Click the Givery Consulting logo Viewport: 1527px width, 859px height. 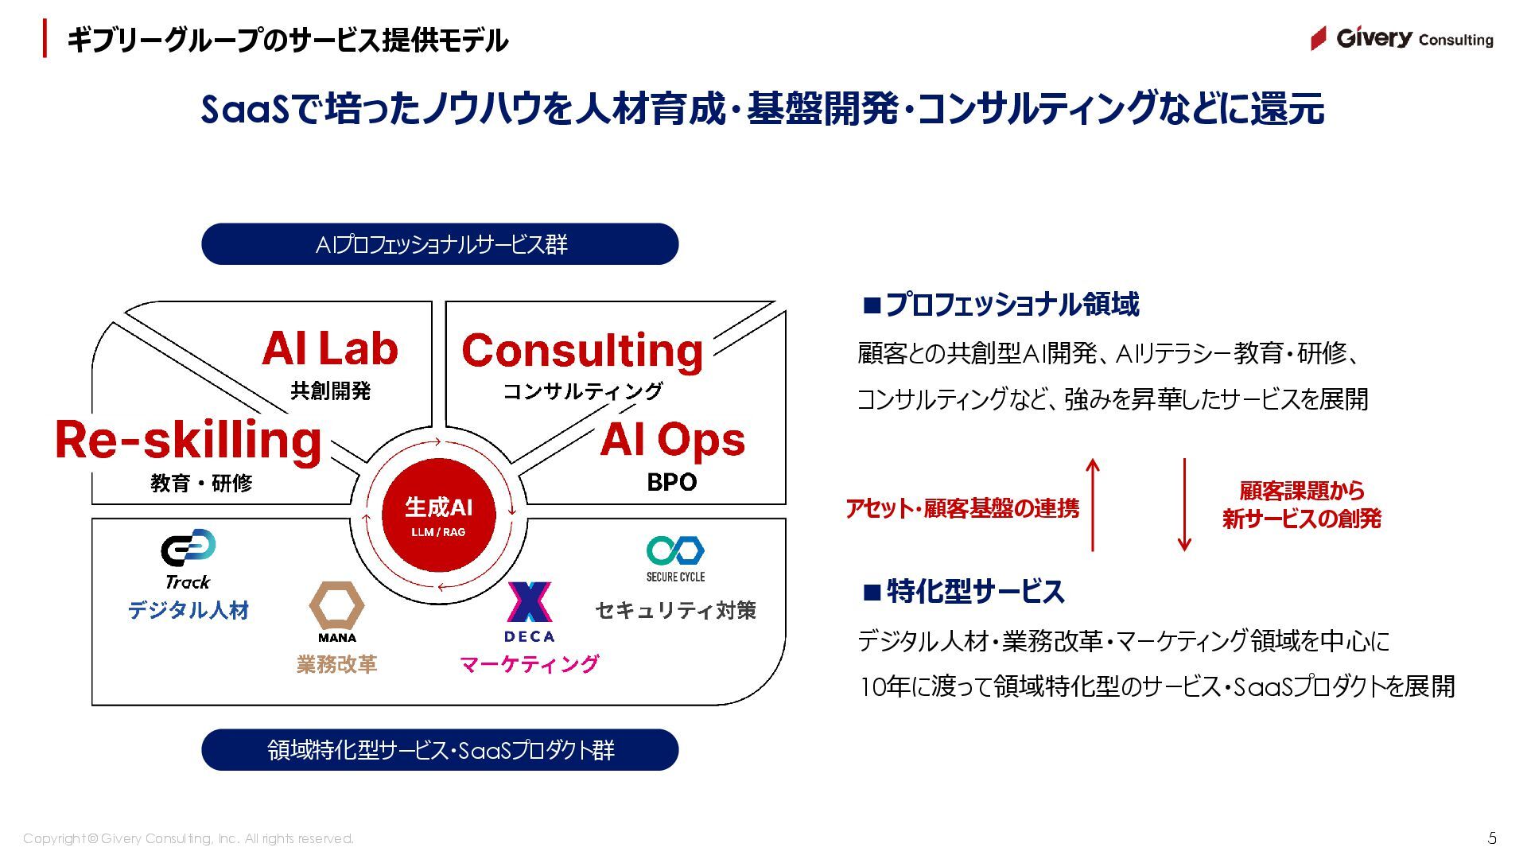pos(1401,38)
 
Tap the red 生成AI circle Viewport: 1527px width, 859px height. pos(438,514)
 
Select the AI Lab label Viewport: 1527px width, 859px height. pos(330,348)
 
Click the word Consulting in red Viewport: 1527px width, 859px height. pos(582,351)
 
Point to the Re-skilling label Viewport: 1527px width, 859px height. pos(188,440)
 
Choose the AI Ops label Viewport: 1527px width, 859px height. pos(672,440)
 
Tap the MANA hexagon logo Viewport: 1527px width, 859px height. pos(336,606)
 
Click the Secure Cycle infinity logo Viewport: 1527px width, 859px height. pos(675,550)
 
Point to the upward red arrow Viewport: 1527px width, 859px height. pos(1094,504)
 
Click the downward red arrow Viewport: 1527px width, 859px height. pos(1184,504)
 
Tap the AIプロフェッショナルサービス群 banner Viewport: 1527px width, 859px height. pos(440,244)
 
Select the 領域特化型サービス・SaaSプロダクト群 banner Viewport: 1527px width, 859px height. pos(440,750)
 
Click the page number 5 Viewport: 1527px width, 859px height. pos(1492,838)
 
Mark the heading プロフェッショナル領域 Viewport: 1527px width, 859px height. pos(1001,305)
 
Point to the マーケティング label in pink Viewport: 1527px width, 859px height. pos(529,663)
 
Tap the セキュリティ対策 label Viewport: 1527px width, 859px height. pos(675,610)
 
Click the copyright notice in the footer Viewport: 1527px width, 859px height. pos(188,838)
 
